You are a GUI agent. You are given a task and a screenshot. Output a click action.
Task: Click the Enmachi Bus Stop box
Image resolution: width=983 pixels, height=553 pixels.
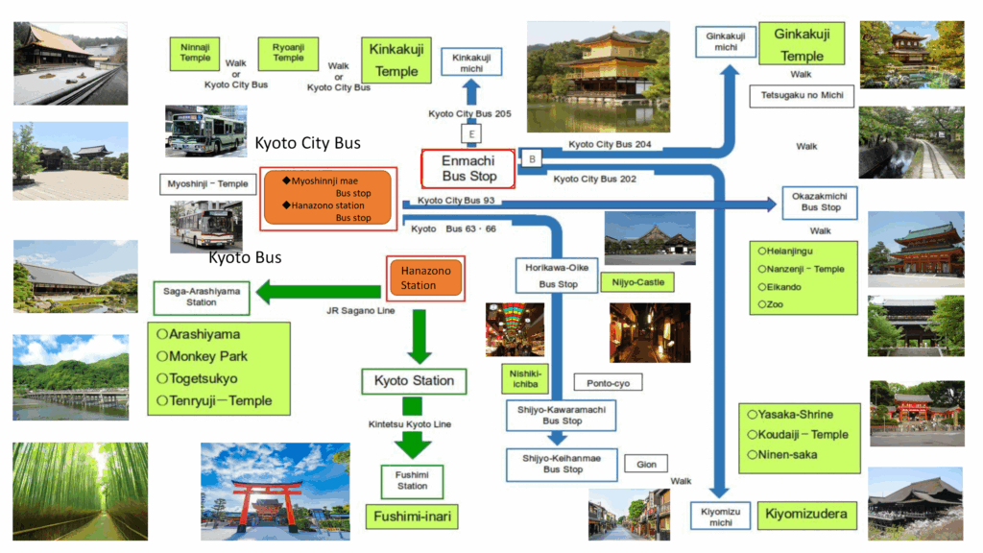tap(469, 169)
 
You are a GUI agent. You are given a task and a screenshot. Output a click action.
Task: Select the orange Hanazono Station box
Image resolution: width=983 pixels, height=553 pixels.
tap(425, 278)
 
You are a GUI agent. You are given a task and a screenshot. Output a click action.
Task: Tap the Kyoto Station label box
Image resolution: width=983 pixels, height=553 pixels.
tap(415, 381)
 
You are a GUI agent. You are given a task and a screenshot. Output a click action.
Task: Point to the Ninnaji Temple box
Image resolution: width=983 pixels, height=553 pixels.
tap(195, 52)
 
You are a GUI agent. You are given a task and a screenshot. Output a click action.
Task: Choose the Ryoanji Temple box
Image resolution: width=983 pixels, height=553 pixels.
tap(288, 52)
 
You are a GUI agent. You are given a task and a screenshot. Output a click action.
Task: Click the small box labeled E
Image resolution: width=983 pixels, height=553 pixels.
tap(472, 133)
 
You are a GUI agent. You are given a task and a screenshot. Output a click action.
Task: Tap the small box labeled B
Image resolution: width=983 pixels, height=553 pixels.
tap(532, 158)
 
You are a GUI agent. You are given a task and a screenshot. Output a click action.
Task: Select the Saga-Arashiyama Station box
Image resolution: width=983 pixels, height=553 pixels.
tap(202, 297)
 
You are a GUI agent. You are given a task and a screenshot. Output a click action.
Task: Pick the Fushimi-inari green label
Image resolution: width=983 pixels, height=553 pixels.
tap(413, 517)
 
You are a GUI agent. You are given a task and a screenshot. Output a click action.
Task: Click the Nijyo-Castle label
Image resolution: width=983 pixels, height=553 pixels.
tap(635, 282)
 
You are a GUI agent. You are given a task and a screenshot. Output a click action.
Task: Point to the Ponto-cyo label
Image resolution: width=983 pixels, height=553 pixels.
tap(608, 382)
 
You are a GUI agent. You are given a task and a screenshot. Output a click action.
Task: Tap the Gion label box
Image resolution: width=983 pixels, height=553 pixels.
tap(646, 465)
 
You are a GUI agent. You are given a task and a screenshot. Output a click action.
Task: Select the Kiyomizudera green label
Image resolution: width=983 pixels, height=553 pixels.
tap(806, 515)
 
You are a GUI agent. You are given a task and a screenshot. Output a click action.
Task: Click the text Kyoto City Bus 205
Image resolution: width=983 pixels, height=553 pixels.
tap(469, 114)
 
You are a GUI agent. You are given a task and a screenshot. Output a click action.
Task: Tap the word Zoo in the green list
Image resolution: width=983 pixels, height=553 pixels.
tap(776, 304)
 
